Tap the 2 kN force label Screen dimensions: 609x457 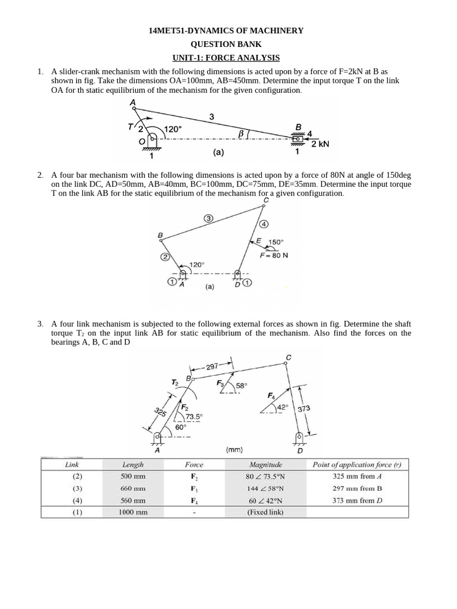[320, 144]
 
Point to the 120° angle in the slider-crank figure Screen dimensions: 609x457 [173, 129]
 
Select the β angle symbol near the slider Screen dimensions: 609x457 [241, 134]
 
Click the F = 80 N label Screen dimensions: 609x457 [274, 255]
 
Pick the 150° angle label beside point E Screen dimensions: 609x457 [276, 242]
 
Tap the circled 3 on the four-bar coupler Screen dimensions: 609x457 [209, 218]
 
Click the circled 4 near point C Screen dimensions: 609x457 [264, 224]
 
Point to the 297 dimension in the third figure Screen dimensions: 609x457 [212, 366]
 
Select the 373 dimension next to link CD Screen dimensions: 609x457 [304, 409]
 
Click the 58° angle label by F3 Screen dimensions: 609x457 [241, 385]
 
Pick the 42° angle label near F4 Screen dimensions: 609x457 [283, 407]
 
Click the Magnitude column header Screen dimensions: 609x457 [265, 464]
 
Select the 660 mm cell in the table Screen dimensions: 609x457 [133, 488]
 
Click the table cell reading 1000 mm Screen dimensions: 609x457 [133, 512]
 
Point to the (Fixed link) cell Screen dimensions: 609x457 [265, 512]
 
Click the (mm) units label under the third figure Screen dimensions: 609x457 [234, 450]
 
